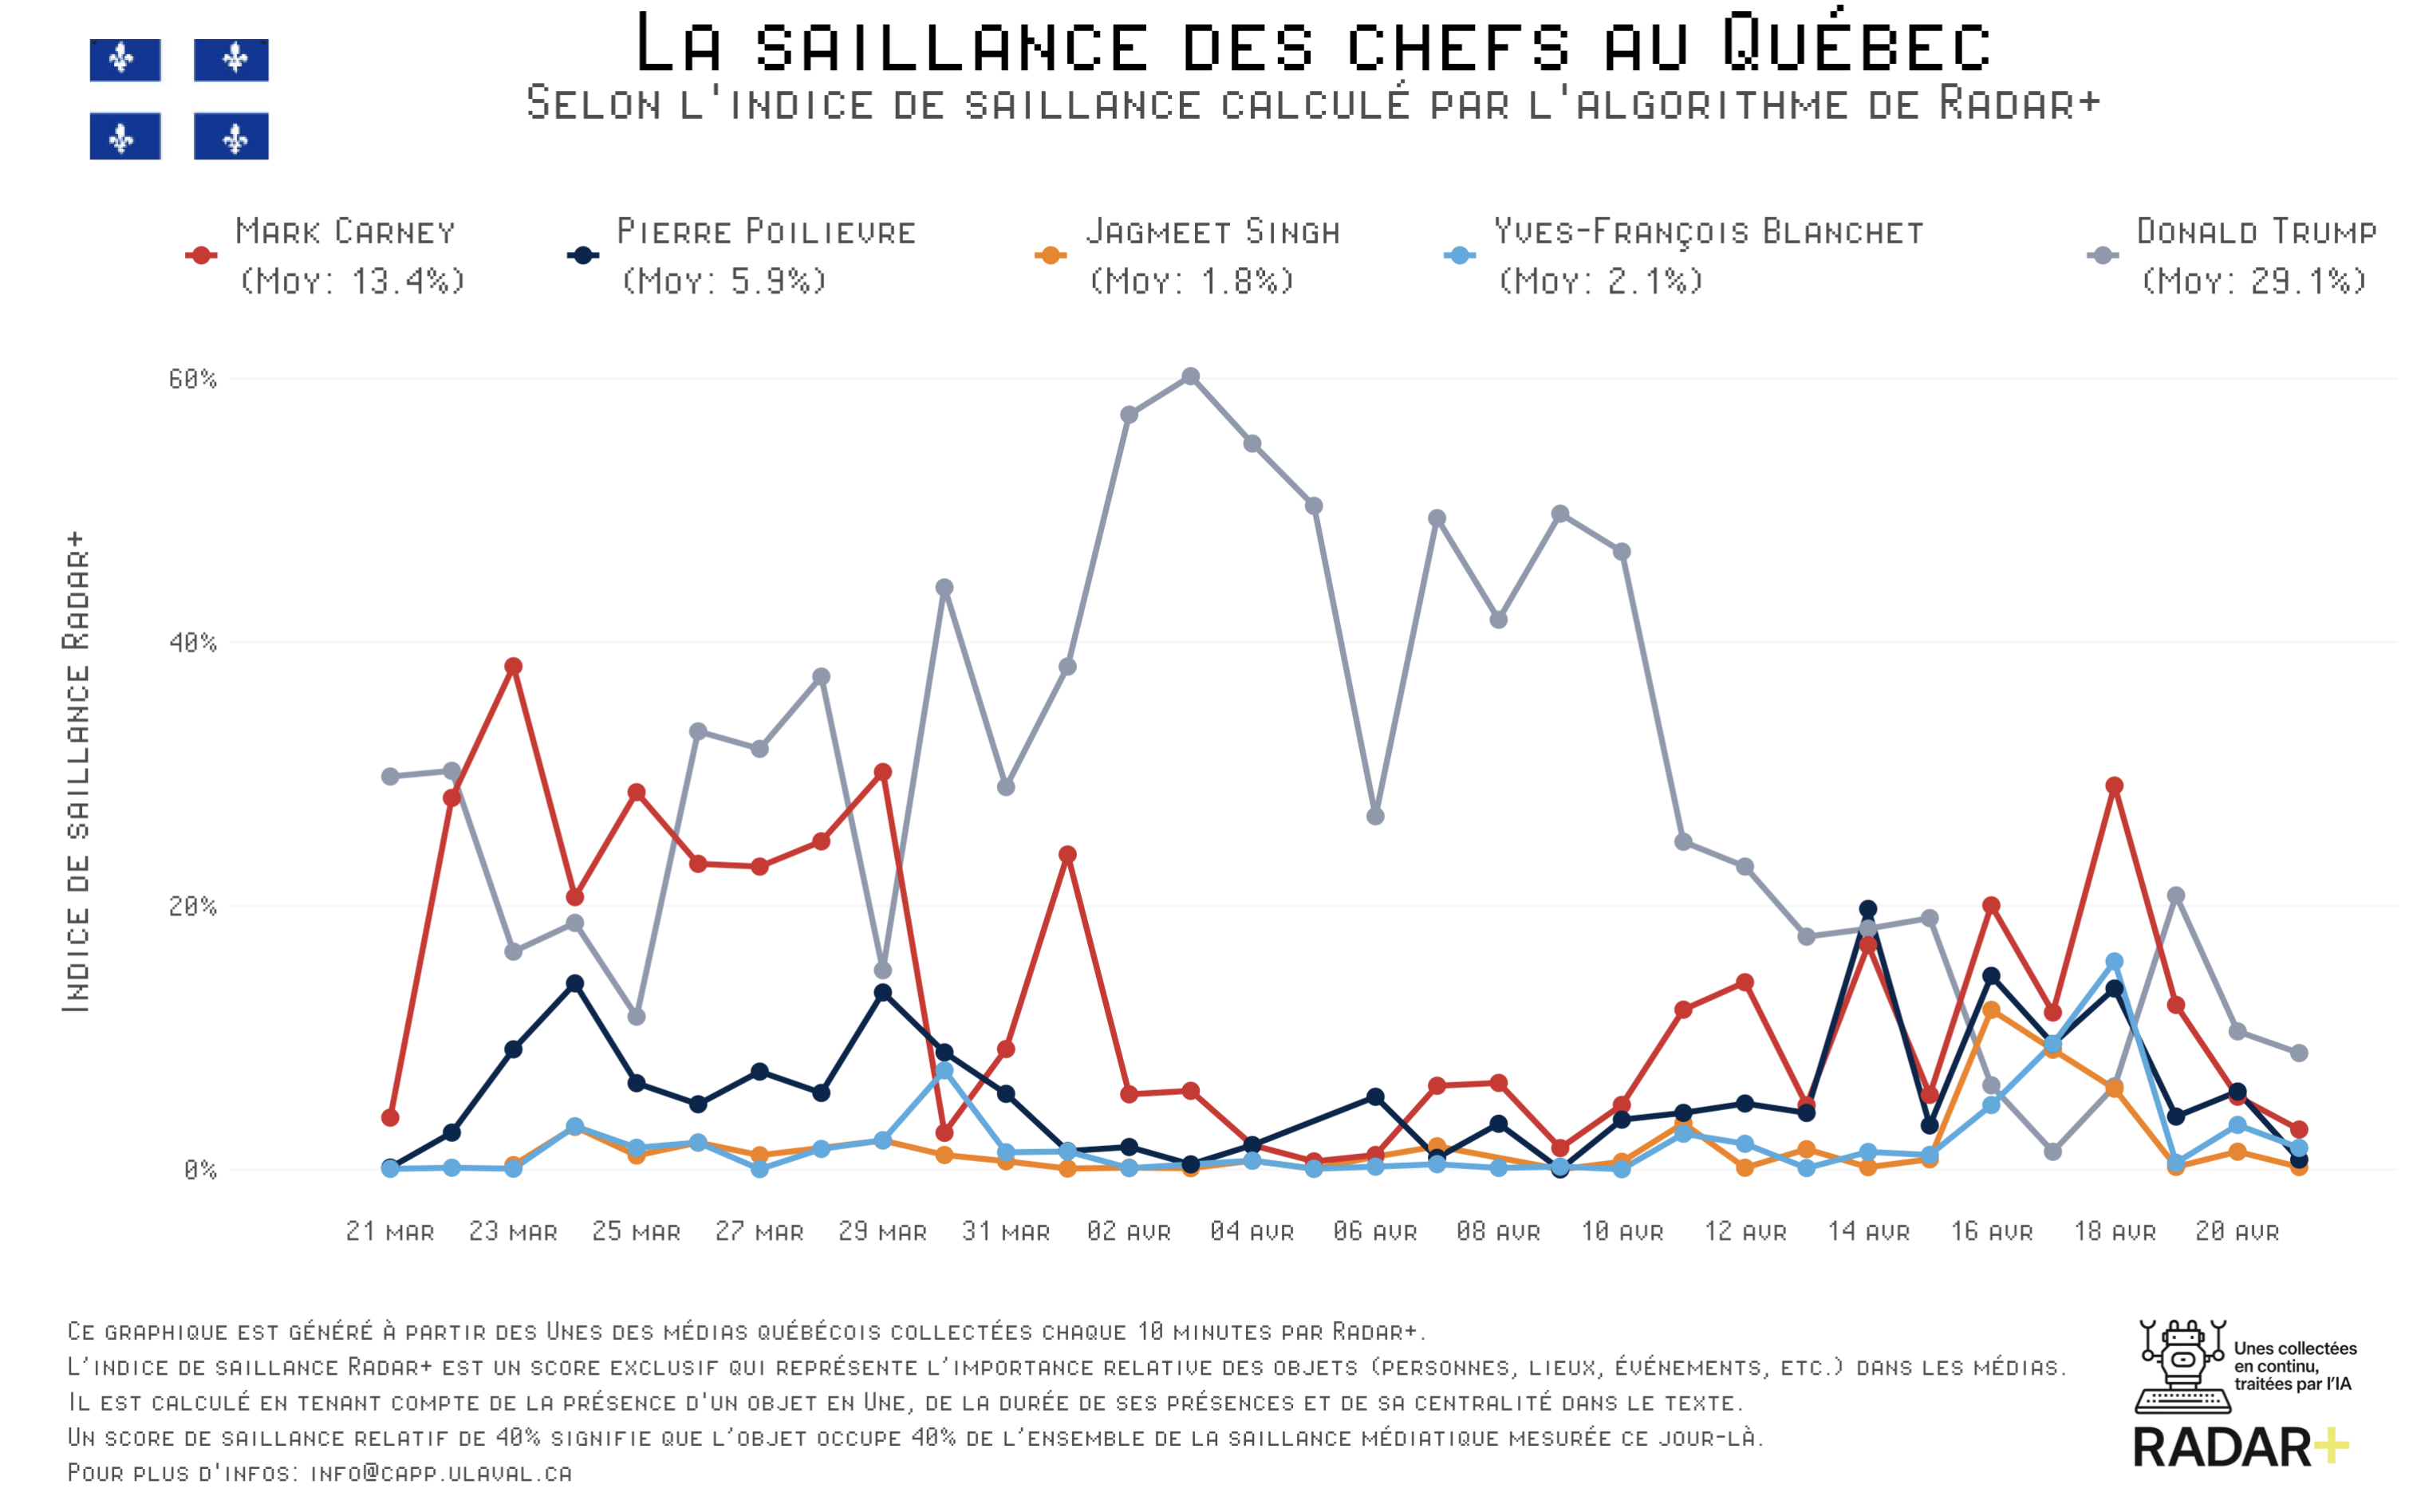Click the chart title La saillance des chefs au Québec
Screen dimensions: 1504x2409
pos(1311,44)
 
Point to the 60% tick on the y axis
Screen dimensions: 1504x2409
pos(192,379)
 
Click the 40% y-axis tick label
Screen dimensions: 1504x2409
pos(192,643)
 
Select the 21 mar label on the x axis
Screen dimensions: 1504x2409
pos(390,1231)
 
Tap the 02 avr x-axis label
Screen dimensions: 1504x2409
pos(1129,1231)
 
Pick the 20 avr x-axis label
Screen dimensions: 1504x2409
pos(2237,1231)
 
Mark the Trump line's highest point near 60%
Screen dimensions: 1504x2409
pos(1190,377)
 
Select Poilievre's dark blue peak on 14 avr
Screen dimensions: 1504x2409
pos(1867,909)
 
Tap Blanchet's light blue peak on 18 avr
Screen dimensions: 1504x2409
pos(2115,962)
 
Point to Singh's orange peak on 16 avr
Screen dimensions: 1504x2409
pos(1991,1010)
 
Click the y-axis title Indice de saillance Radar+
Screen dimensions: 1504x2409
pos(77,772)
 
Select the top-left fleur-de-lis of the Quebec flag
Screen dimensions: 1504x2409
pos(122,60)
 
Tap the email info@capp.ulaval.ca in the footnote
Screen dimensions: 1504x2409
pos(441,1472)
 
